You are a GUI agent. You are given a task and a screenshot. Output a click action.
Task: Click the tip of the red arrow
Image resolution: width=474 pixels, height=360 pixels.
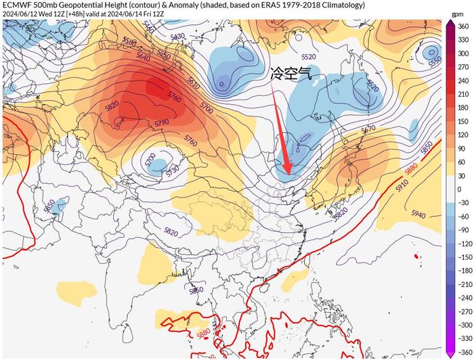pos(288,173)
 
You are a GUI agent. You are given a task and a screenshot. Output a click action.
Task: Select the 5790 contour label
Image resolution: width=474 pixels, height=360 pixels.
pos(161,123)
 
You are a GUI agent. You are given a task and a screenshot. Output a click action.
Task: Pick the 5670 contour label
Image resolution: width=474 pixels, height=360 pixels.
pos(368,129)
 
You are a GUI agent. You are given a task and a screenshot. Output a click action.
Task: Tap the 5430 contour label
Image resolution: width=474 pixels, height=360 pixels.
pos(178,36)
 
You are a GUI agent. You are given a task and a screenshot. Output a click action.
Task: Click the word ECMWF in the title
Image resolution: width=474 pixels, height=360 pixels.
pos(18,5)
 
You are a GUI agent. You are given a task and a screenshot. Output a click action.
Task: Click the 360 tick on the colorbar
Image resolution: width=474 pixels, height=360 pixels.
pos(462,26)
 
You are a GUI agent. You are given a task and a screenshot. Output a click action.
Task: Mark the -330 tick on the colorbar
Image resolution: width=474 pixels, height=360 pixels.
pos(464,338)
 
